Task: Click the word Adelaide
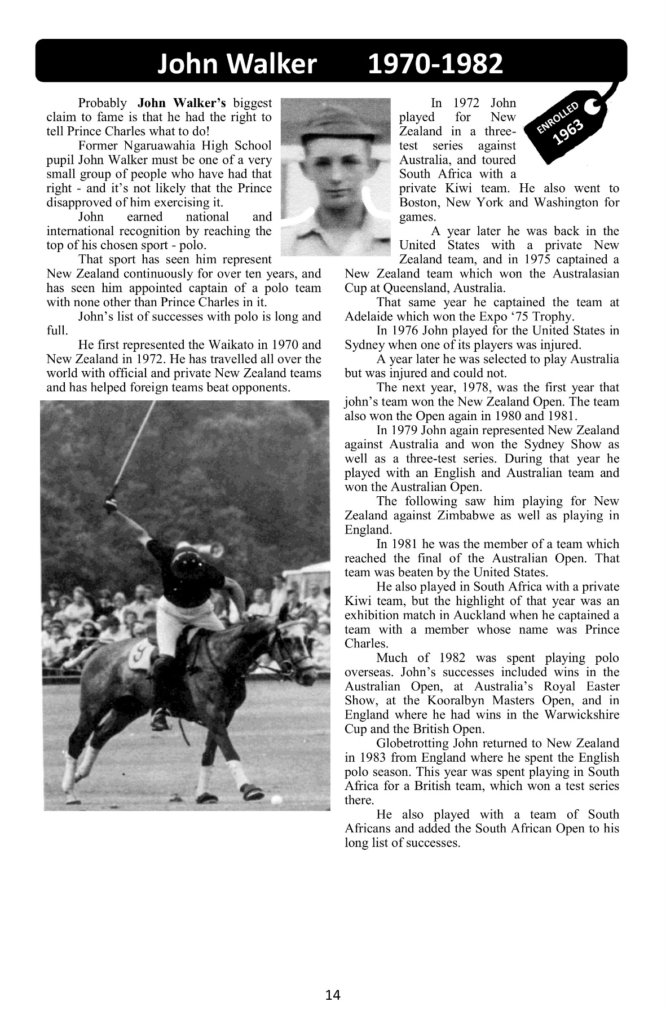tap(367, 316)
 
